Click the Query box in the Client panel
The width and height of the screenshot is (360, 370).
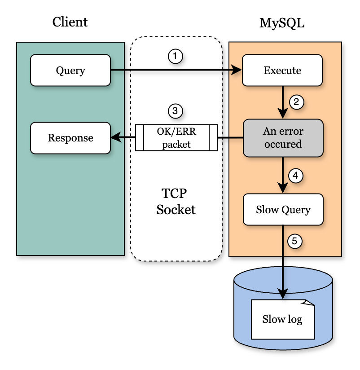pos(70,70)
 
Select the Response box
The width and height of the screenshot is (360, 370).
pos(70,138)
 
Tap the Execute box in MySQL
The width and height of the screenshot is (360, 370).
pos(282,70)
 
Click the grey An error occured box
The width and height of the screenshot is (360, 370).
pos(283,138)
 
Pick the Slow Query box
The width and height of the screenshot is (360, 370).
pos(283,210)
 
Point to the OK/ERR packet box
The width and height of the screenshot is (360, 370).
pos(176,138)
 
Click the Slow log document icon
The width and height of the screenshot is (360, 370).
pos(282,319)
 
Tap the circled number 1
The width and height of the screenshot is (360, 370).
pos(176,56)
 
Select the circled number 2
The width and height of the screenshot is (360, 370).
pos(296,102)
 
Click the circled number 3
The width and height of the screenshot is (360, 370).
pos(176,110)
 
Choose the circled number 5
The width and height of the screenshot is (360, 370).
pos(294,241)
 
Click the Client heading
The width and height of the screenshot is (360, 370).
pos(70,22)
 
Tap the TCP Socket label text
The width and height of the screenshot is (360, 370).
pos(176,202)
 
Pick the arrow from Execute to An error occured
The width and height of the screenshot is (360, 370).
pos(283,102)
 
